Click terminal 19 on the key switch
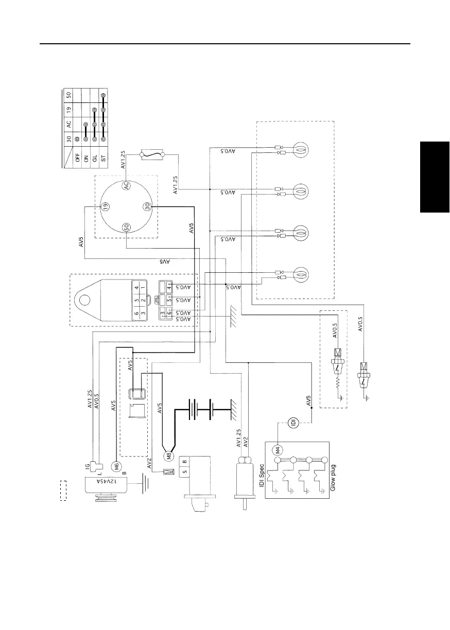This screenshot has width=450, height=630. tap(105, 206)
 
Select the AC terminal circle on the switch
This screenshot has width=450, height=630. tap(126, 186)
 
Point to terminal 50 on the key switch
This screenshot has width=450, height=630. tap(126, 226)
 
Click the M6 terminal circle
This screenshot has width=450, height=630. tap(116, 466)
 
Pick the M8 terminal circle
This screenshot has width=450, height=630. tap(168, 455)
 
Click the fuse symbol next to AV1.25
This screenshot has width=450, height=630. tap(152, 154)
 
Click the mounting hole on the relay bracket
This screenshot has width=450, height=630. tap(83, 299)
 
